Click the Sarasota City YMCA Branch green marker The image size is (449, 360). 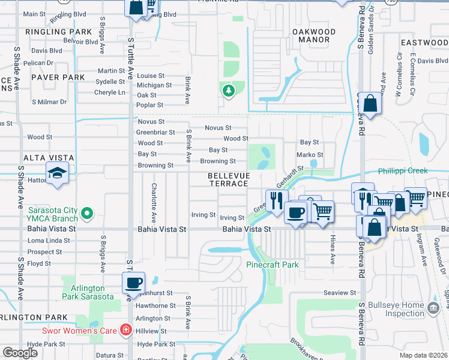click(x=87, y=213)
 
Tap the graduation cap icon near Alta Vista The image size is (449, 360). click(x=58, y=173)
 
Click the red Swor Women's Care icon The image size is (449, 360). click(x=125, y=329)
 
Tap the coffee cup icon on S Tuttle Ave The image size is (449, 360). click(x=134, y=282)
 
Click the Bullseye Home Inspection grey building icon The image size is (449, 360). click(x=433, y=309)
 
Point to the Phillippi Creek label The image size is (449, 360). click(x=402, y=171)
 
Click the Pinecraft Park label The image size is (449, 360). click(x=272, y=265)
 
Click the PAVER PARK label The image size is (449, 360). click(x=41, y=77)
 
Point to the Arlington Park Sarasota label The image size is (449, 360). click(x=87, y=292)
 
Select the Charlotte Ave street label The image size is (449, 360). click(x=154, y=202)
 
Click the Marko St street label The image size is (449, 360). click(x=310, y=155)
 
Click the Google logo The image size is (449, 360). click(x=20, y=353)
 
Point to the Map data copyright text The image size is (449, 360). click(x=423, y=355)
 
